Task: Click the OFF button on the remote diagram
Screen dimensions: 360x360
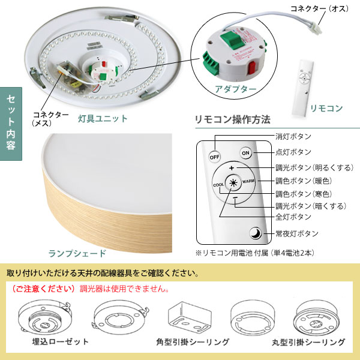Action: tap(214, 157)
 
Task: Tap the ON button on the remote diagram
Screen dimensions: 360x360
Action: tap(245, 153)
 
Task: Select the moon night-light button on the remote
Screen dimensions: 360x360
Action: tap(256, 233)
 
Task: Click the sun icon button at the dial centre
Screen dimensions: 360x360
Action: tap(233, 183)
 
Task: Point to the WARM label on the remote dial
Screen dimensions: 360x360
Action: tap(248, 181)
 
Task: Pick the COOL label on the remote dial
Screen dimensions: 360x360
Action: tap(218, 185)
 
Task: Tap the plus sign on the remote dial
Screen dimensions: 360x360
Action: tap(232, 168)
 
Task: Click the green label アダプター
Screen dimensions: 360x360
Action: tap(235, 89)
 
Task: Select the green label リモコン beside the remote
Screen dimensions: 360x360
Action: tap(326, 109)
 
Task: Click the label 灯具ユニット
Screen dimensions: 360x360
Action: tap(103, 119)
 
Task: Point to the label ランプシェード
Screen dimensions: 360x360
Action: tap(77, 253)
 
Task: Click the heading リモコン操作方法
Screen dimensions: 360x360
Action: tap(233, 119)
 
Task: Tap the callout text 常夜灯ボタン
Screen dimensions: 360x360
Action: tap(297, 233)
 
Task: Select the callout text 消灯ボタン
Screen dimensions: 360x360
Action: tap(293, 136)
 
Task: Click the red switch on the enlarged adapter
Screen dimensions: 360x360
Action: tap(251, 67)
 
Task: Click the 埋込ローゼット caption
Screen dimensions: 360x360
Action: tap(61, 341)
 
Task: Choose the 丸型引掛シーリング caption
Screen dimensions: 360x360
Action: tap(308, 342)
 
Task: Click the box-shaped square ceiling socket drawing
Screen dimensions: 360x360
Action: tap(190, 317)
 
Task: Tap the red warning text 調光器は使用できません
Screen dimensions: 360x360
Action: tap(124, 289)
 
